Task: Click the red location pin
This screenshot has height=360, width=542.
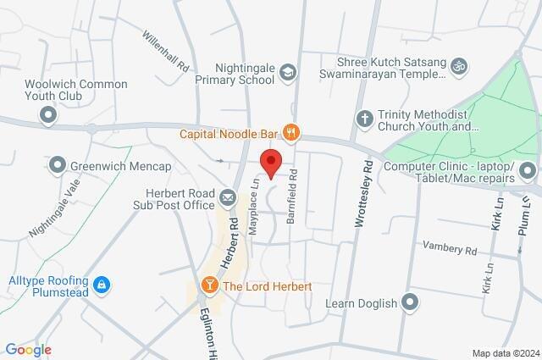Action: click(270, 162)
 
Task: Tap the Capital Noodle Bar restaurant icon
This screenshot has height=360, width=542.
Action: click(290, 132)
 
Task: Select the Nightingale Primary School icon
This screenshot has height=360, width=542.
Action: click(288, 73)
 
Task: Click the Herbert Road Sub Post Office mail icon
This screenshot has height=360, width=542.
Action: click(228, 198)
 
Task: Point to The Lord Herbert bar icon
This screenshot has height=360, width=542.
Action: click(208, 286)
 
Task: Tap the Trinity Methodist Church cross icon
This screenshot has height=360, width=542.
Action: click(365, 119)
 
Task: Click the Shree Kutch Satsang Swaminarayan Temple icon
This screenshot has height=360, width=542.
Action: click(460, 64)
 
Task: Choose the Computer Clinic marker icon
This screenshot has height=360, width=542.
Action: click(528, 172)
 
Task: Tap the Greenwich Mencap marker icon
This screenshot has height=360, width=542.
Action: click(58, 164)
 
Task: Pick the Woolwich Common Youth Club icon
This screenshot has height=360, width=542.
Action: click(48, 114)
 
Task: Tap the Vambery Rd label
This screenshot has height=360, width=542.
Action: click(450, 250)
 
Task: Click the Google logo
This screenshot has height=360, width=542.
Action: click(27, 350)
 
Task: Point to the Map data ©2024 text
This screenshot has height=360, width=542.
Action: click(505, 353)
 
